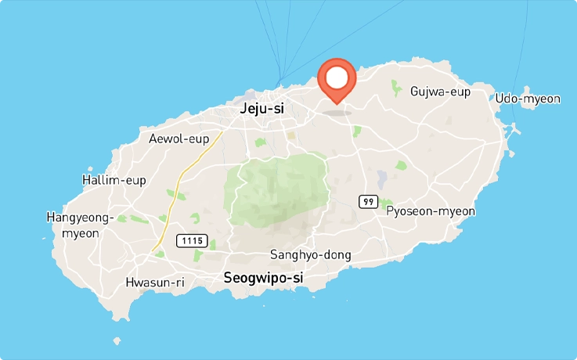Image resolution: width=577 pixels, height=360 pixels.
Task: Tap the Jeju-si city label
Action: (261, 110)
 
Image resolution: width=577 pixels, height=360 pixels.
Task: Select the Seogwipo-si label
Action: (263, 278)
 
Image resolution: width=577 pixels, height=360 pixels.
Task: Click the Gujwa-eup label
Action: (440, 92)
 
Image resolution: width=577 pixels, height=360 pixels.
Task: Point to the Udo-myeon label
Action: (528, 99)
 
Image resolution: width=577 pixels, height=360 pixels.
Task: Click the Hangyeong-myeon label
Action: (80, 225)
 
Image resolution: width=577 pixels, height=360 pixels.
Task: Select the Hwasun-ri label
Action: (155, 283)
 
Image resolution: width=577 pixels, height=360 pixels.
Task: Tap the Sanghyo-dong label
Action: (311, 254)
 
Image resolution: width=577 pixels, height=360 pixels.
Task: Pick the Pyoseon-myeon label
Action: (431, 211)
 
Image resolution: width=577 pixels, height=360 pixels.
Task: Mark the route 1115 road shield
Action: (191, 239)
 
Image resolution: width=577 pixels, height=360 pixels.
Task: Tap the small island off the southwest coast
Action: (117, 341)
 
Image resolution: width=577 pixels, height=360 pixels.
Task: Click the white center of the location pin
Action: (337, 77)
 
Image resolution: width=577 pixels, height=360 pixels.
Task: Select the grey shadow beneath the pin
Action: (337, 111)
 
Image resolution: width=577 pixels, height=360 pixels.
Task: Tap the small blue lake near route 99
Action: (382, 178)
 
